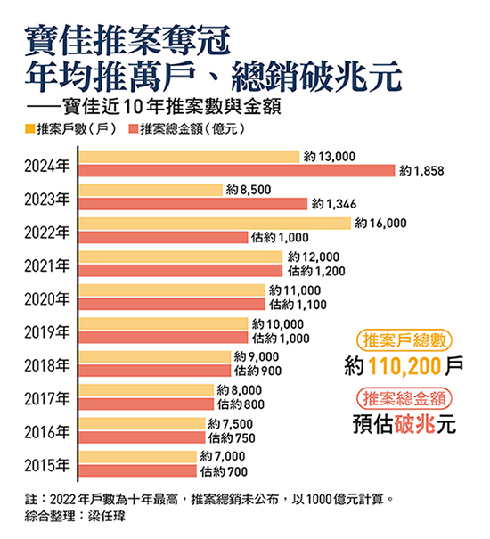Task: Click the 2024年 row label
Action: pyautogui.click(x=45, y=166)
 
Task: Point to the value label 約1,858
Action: pyautogui.click(x=421, y=170)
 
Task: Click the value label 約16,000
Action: pyautogui.click(x=380, y=223)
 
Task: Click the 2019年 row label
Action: pyautogui.click(x=45, y=331)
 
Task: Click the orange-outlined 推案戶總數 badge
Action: pyautogui.click(x=402, y=340)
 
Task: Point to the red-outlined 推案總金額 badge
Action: pyautogui.click(x=402, y=397)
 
